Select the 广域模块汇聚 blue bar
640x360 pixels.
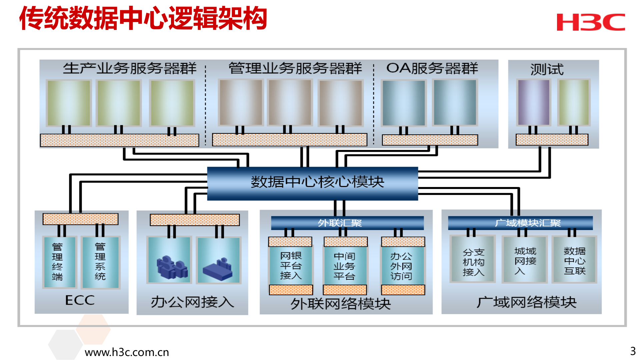tap(520, 223)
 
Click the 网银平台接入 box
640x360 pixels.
tap(291, 266)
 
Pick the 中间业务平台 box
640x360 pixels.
tap(345, 266)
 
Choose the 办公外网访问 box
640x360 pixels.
tap(402, 266)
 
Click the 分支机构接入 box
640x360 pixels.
tap(473, 261)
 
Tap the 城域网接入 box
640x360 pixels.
tap(525, 260)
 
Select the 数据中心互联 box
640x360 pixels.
tap(574, 260)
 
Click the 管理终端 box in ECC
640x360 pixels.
tap(59, 262)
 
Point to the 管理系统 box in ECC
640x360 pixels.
tap(100, 262)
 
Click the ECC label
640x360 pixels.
tap(80, 300)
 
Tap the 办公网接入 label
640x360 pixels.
tap(192, 302)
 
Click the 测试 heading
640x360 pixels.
tap(547, 69)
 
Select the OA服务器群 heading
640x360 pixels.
tap(432, 68)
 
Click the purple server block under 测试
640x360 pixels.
tap(533, 102)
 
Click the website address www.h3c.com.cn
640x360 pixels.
tap(127, 352)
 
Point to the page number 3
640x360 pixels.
tap(632, 351)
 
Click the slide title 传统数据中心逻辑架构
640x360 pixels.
tap(143, 19)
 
